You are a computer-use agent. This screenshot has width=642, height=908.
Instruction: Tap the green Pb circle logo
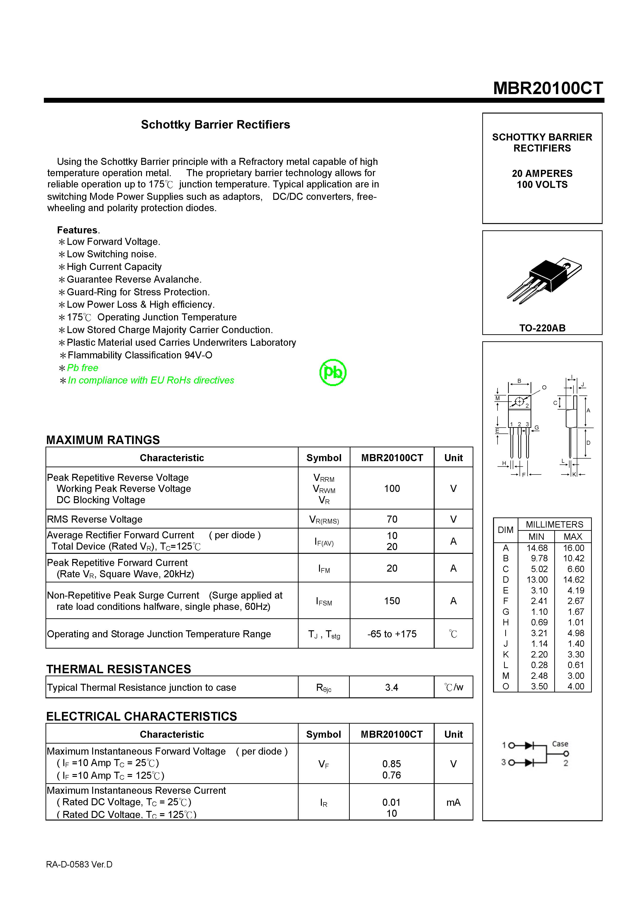pos(333,372)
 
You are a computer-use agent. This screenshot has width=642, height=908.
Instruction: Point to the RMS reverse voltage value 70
pos(392,519)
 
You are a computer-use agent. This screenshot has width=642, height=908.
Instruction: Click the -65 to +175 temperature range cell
pos(392,634)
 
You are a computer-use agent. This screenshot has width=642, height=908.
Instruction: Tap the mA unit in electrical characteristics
pos(453,802)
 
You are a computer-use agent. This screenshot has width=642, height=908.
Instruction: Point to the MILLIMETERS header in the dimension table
pos(554,524)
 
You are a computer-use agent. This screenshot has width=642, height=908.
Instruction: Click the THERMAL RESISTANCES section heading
pos(119,669)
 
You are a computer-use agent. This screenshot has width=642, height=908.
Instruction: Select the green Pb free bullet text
pos(82,368)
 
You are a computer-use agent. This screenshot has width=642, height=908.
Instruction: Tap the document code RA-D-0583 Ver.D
pos(79,865)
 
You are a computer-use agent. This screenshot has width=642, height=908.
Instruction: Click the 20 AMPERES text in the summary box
pos(542,174)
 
